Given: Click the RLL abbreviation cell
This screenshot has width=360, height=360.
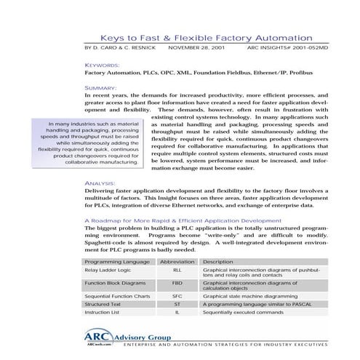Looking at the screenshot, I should [x=177, y=270].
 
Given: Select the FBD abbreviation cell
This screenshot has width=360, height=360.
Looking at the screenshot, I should [x=177, y=283].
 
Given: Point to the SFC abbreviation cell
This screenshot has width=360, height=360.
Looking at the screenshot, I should [x=177, y=296].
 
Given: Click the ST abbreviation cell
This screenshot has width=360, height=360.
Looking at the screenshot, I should [x=177, y=304].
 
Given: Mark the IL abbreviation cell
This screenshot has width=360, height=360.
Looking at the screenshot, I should [x=177, y=312].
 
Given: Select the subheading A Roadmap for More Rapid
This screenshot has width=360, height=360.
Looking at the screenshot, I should [x=182, y=220].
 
